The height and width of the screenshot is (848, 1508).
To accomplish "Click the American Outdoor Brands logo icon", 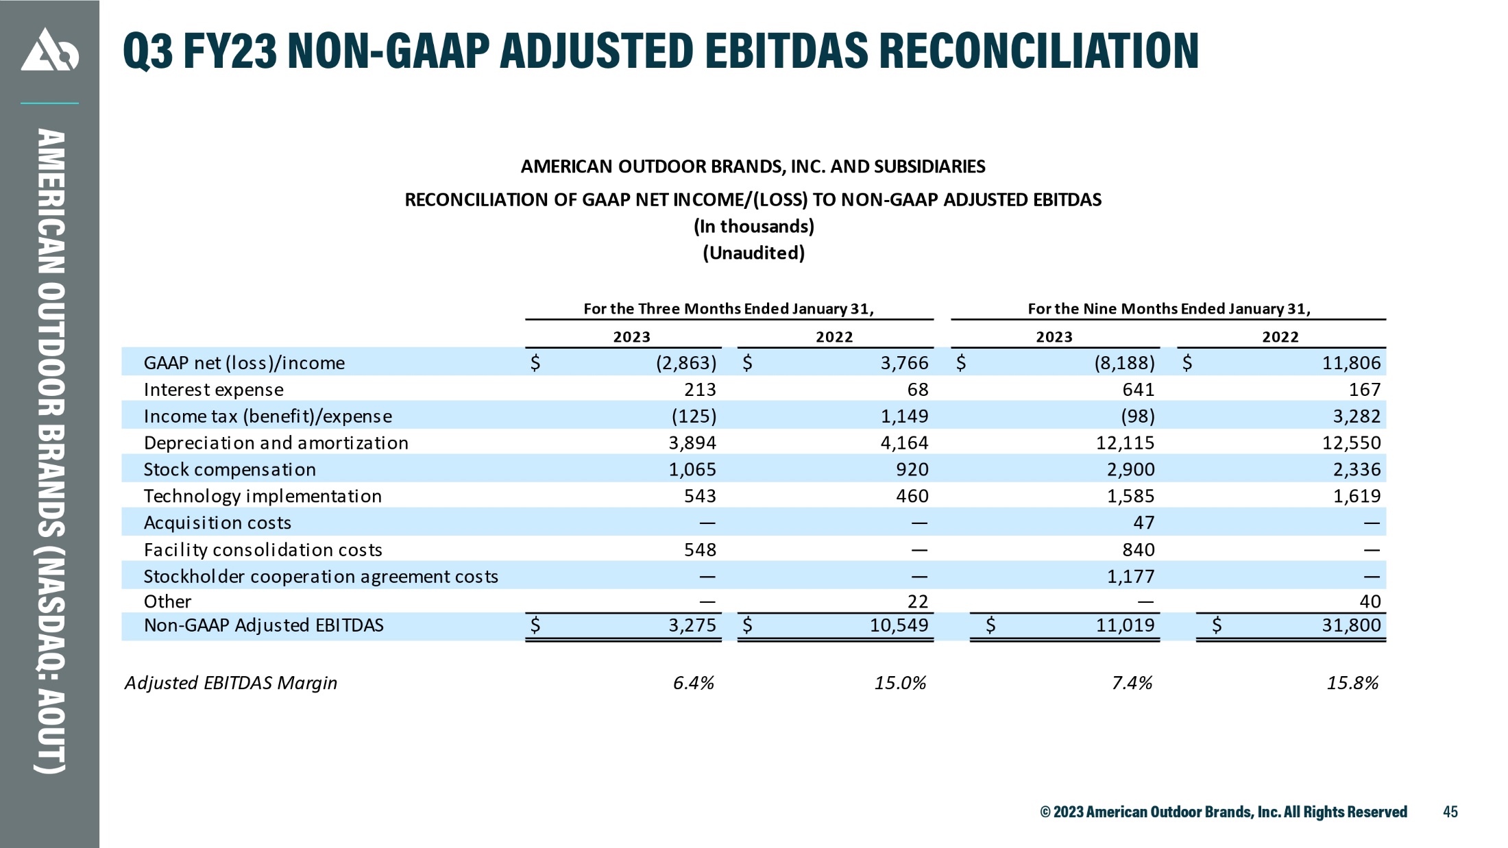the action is [49, 49].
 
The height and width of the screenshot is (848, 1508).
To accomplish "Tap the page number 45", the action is [1450, 812].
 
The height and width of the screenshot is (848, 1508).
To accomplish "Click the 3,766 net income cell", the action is [904, 362].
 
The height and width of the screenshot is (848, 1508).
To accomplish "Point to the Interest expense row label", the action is [213, 390].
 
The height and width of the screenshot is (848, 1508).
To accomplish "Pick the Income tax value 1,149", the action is [904, 416].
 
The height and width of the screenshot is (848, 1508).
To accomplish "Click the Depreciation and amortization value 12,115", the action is [1125, 442].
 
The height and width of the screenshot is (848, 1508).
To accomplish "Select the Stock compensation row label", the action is [230, 470].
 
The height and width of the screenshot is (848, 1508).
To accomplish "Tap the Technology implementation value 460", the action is [912, 496].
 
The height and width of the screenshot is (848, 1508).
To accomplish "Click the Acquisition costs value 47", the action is [1143, 523].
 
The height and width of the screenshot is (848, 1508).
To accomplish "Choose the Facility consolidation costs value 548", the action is [700, 549].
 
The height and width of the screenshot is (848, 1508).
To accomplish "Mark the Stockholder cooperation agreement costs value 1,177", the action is [1130, 576].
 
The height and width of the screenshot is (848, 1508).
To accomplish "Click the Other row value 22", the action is [918, 601].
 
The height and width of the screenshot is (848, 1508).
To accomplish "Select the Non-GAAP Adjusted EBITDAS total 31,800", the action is [1351, 625].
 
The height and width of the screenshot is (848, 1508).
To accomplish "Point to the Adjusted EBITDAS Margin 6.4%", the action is [694, 683].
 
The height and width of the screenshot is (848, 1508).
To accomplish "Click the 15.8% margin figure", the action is [1352, 683].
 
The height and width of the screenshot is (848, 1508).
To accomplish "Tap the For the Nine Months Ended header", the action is [1169, 309].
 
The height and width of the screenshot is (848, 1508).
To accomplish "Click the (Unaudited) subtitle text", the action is [753, 253].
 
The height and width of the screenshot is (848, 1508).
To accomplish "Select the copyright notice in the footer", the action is [1224, 812].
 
